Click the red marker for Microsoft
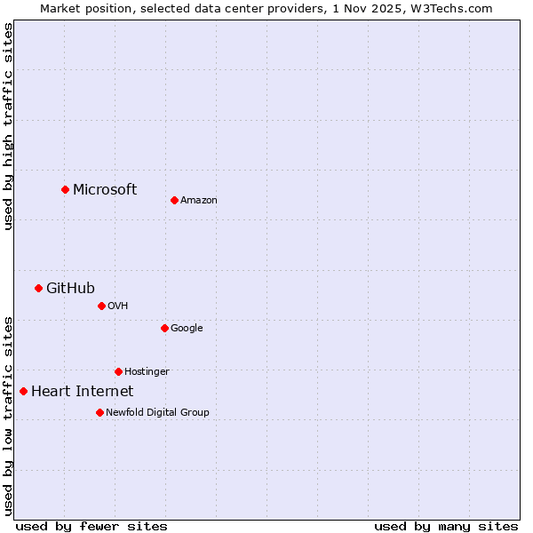click(65, 189)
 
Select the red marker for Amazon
click(174, 200)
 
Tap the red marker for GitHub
click(38, 288)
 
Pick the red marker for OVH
click(101, 306)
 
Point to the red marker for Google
click(164, 328)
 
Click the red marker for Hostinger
click(118, 371)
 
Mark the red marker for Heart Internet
click(23, 391)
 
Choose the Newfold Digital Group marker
click(99, 412)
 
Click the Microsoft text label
click(105, 189)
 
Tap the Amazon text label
click(199, 201)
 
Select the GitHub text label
click(70, 288)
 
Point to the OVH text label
click(118, 306)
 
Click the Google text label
click(187, 329)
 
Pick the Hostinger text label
click(147, 372)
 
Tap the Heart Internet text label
click(82, 392)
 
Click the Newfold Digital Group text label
click(157, 413)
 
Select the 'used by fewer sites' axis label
click(91, 526)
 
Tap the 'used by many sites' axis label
click(446, 526)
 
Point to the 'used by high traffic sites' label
click(8, 126)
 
